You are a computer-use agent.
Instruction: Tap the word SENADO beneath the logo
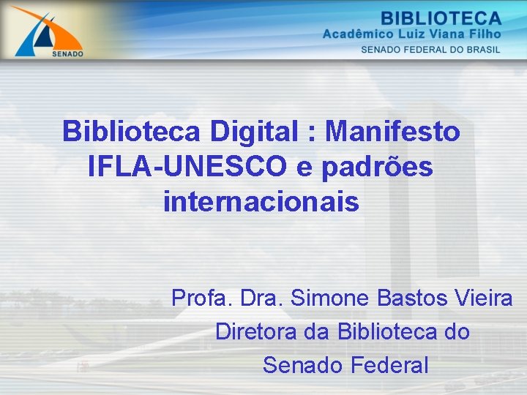click(68, 53)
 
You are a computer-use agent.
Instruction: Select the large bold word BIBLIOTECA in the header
click(441, 18)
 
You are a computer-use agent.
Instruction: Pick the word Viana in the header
click(455, 34)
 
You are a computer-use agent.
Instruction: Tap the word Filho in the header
click(488, 34)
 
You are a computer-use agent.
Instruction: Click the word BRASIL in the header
click(482, 50)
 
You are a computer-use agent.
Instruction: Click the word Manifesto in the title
click(393, 132)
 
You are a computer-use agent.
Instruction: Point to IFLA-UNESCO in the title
click(187, 167)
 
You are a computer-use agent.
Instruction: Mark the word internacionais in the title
click(262, 201)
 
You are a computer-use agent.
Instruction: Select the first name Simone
click(330, 298)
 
